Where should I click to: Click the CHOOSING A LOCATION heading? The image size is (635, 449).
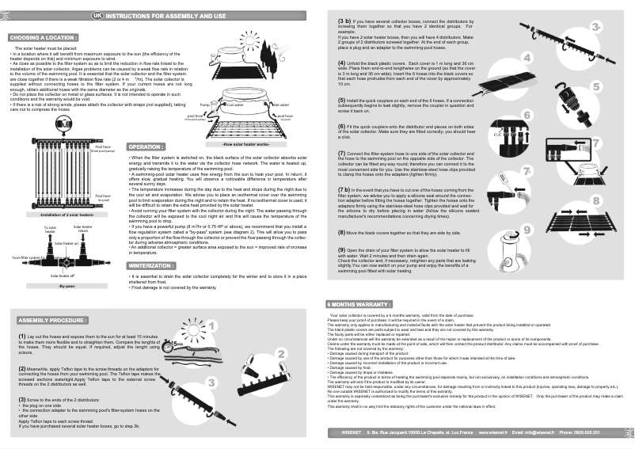[43, 37]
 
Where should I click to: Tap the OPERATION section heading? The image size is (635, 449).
[146, 147]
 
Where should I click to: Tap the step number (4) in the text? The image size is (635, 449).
[342, 63]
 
